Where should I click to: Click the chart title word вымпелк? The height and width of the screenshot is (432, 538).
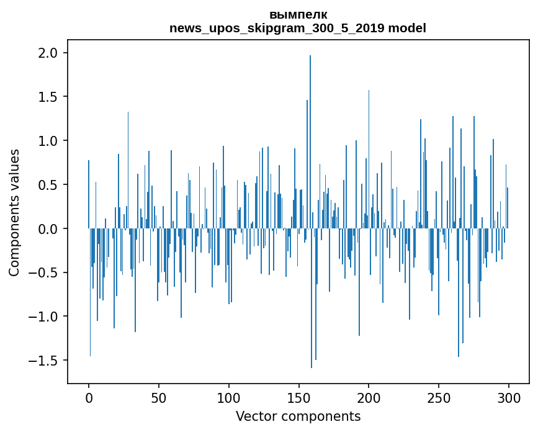pos(298,15)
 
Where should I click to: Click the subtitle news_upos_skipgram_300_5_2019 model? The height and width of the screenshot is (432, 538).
pos(298,28)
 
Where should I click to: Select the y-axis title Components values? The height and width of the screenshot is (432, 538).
pos(14,212)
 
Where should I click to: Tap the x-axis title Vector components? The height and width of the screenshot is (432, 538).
pos(298,416)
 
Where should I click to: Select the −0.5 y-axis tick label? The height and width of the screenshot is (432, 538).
pos(45,273)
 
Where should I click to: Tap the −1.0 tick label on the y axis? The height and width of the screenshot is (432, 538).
pos(45,317)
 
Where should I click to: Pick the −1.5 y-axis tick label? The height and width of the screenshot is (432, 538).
pos(45,361)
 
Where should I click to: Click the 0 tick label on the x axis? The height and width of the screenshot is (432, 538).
pos(89,397)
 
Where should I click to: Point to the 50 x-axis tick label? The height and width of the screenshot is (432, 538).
pos(159,397)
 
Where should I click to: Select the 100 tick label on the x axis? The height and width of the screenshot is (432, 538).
pos(229,397)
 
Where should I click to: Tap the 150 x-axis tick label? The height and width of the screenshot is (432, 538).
pos(299,397)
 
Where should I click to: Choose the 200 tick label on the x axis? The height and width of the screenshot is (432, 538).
pos(369,397)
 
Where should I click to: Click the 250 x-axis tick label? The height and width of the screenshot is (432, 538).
pos(439,397)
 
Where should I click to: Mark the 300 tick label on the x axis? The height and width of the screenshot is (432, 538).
pos(509,397)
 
